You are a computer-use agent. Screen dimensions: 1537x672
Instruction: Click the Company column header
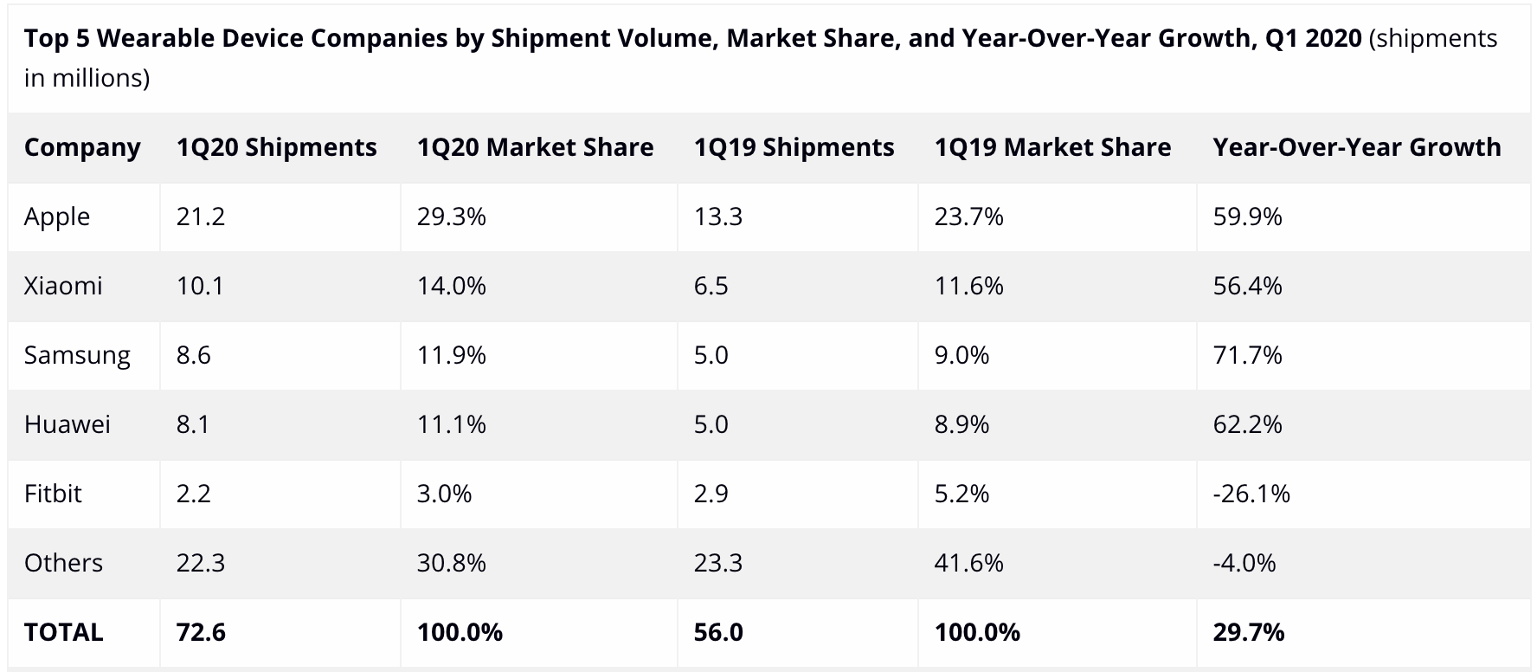click(82, 148)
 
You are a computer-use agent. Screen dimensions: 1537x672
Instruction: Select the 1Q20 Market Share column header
click(536, 147)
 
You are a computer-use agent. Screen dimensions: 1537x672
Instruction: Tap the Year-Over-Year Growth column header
click(1357, 147)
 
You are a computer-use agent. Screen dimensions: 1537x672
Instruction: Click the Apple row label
click(57, 217)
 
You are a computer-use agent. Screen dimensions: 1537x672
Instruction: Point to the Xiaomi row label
click(63, 286)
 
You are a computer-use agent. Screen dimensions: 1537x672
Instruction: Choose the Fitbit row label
click(53, 494)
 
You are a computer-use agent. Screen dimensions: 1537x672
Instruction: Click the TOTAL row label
click(64, 632)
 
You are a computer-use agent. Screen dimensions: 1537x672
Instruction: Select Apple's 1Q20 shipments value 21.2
click(201, 216)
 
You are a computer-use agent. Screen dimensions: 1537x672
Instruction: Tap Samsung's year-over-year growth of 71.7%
click(1248, 355)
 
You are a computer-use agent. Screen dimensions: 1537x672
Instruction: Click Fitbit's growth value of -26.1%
click(1251, 494)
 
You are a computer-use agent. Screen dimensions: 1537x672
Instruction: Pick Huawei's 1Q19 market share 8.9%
click(961, 424)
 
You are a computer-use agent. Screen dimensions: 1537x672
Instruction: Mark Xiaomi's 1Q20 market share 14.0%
click(452, 286)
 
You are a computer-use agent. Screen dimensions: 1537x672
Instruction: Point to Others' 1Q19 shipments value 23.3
click(718, 563)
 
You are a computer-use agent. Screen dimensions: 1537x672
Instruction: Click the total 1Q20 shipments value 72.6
click(201, 632)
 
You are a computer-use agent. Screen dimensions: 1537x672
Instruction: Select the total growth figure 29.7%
click(1249, 632)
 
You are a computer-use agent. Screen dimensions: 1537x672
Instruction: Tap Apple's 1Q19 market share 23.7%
click(969, 216)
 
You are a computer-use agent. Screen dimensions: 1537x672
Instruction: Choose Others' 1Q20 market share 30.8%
click(452, 563)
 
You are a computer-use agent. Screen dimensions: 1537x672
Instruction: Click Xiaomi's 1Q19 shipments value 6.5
click(711, 286)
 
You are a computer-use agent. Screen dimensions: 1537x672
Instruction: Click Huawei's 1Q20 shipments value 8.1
click(193, 424)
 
